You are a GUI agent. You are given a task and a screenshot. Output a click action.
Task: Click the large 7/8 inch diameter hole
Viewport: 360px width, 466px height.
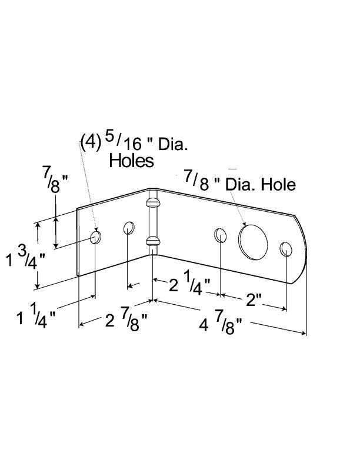[x=253, y=240]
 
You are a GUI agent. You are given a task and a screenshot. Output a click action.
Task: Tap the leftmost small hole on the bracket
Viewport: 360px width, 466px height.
[x=95, y=238]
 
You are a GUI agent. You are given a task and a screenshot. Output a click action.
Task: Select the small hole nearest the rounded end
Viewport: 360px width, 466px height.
[x=286, y=249]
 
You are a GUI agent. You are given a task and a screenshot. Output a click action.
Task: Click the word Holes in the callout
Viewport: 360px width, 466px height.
[x=131, y=160]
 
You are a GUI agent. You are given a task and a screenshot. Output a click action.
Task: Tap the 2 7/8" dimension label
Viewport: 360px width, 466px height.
[x=125, y=321]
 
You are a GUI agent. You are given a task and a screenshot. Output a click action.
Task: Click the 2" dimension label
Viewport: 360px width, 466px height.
[x=254, y=300]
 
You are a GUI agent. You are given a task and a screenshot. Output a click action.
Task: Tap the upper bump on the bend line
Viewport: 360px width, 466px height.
[x=152, y=204]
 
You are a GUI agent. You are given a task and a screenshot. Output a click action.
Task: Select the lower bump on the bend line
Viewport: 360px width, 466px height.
[x=152, y=240]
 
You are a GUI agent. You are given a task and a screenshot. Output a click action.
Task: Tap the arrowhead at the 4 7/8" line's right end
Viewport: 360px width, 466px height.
[x=304, y=334]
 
